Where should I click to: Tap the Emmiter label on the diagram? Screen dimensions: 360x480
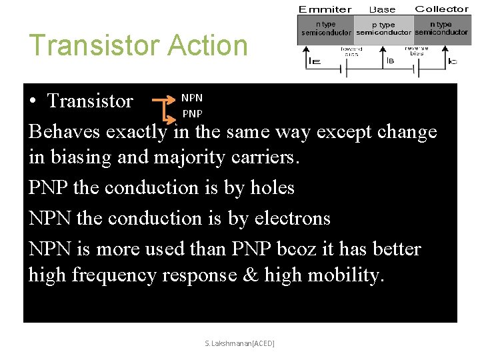(325, 9)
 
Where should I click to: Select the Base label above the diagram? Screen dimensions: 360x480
(383, 9)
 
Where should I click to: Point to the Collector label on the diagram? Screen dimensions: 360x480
(441, 9)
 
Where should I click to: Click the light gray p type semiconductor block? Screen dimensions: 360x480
(383, 29)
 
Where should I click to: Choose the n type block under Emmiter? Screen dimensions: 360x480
(326, 29)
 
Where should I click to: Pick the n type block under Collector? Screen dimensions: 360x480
(441, 29)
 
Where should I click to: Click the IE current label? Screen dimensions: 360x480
(313, 61)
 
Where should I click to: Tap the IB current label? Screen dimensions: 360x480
(390, 61)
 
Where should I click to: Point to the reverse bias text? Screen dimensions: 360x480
(417, 51)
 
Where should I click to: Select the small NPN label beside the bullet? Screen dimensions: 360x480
(192, 98)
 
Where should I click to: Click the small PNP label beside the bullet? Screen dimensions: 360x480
(192, 113)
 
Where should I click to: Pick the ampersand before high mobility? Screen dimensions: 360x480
(250, 275)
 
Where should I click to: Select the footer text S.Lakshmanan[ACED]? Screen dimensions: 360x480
(239, 343)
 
